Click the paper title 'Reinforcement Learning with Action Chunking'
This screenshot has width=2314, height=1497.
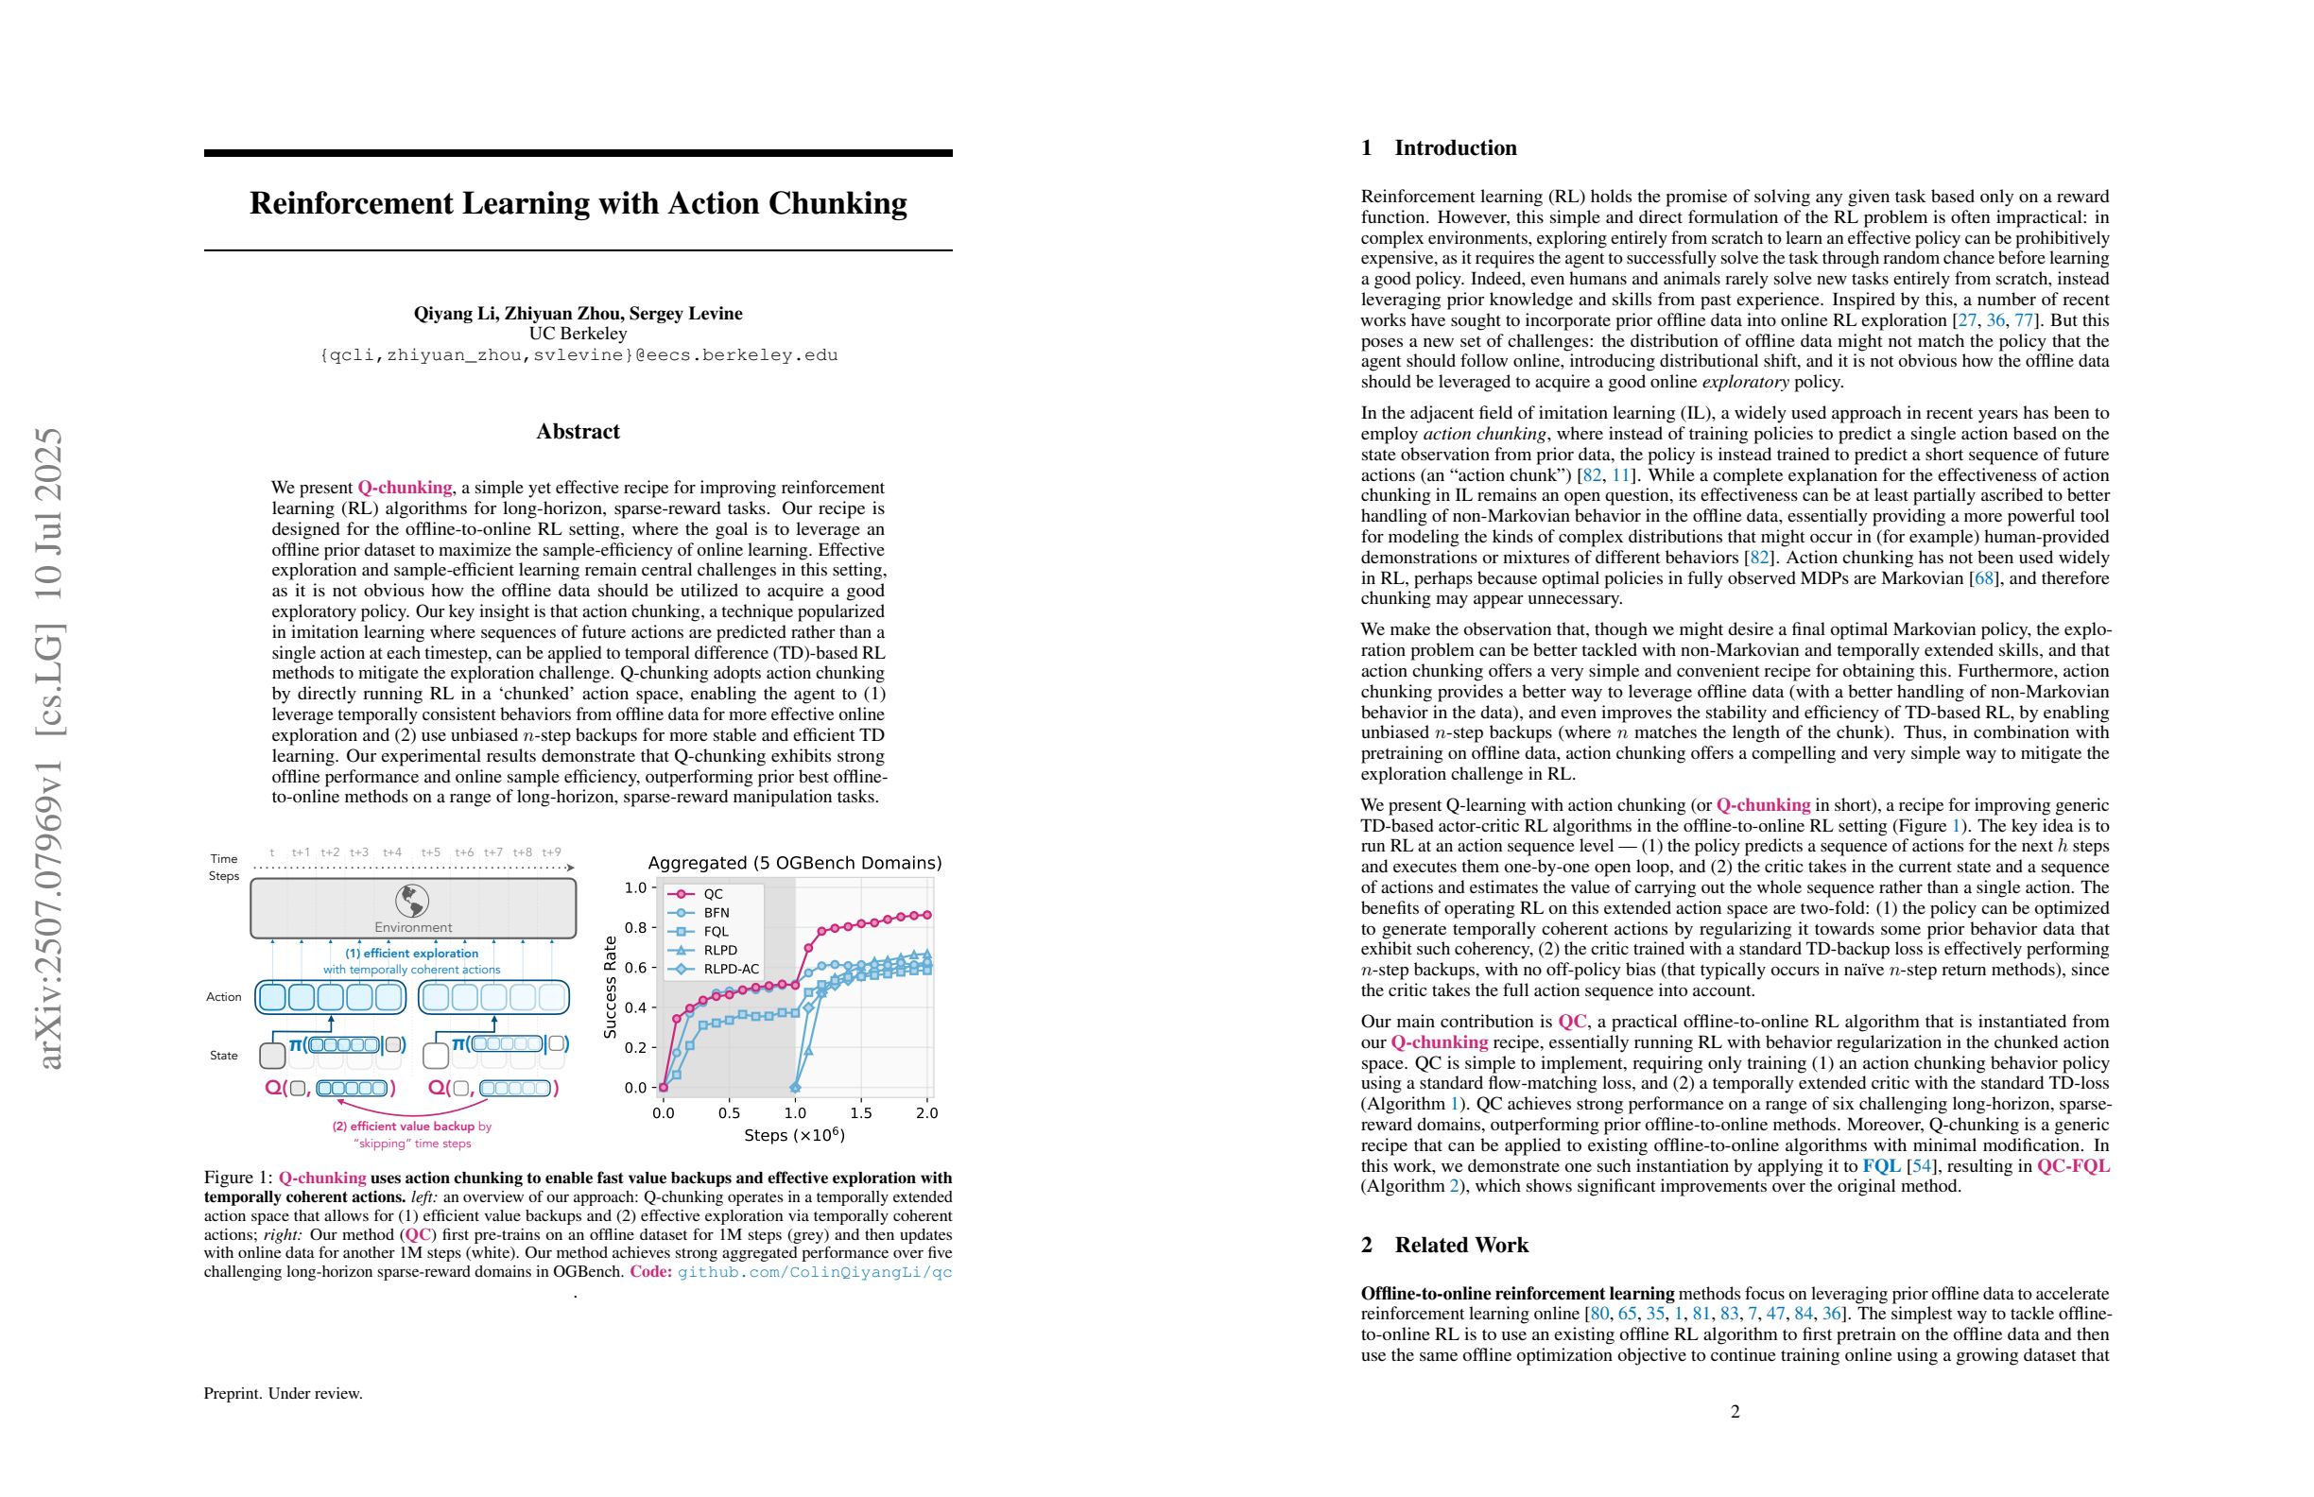click(x=578, y=203)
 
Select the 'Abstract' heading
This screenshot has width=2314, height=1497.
click(x=578, y=432)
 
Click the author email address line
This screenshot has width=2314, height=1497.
click(x=578, y=355)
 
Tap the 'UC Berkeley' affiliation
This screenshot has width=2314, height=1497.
click(x=578, y=334)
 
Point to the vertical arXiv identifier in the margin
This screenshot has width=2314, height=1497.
click(x=47, y=748)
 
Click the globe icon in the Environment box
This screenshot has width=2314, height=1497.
click(x=412, y=901)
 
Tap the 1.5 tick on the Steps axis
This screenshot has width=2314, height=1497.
click(x=860, y=1113)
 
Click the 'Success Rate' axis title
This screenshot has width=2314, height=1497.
click(x=611, y=987)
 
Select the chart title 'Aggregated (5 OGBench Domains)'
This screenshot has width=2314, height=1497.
click(x=794, y=863)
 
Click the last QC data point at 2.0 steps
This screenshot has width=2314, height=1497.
click(x=926, y=915)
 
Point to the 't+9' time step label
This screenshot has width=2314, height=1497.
click(x=551, y=852)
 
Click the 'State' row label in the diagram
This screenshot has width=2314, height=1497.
click(x=224, y=1056)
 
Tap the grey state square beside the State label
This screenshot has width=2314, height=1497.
click(x=272, y=1055)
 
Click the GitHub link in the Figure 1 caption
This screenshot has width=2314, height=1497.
click(x=815, y=1272)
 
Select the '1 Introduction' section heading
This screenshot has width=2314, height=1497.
click(x=1439, y=147)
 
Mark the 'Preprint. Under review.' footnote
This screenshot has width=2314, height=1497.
click(x=283, y=1394)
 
